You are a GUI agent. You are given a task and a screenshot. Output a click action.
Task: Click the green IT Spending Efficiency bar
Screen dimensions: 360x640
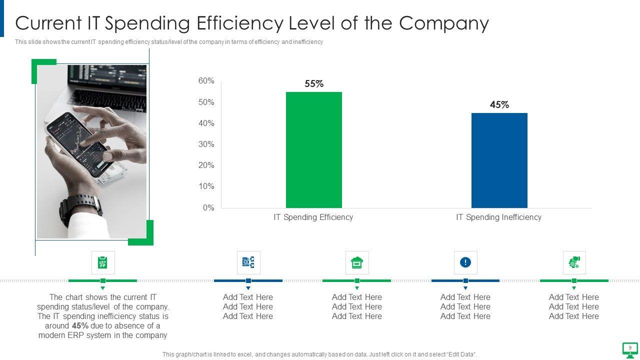click(314, 150)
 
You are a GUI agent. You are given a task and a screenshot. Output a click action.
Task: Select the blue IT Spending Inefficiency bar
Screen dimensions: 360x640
click(499, 160)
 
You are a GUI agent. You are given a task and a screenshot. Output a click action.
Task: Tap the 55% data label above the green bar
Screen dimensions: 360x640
click(314, 84)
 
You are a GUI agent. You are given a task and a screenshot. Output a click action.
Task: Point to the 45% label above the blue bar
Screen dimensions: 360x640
click(499, 105)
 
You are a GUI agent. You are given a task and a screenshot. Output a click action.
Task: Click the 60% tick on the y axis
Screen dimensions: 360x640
click(206, 81)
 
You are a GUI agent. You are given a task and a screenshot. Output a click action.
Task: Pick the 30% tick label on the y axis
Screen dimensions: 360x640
click(206, 144)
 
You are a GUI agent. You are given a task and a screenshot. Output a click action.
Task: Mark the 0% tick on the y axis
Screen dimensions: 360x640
click(208, 208)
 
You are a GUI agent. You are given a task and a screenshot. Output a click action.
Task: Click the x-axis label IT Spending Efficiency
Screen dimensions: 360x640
click(313, 217)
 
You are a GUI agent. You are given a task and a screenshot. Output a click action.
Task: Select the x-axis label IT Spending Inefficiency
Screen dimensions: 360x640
click(498, 217)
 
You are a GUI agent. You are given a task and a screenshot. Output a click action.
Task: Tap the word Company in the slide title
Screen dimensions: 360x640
click(445, 23)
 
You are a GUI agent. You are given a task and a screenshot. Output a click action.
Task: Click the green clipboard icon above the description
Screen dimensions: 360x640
click(103, 262)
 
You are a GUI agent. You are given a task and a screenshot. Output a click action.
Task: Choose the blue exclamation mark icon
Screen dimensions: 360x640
click(465, 262)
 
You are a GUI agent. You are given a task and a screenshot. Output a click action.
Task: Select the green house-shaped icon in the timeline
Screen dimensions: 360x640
click(357, 262)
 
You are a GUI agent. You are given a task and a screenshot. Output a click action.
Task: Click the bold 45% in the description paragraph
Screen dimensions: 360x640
click(80, 326)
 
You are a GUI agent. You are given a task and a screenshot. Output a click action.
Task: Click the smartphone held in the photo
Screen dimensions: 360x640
click(77, 142)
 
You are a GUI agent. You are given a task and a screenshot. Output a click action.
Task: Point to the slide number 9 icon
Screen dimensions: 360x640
click(630, 348)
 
